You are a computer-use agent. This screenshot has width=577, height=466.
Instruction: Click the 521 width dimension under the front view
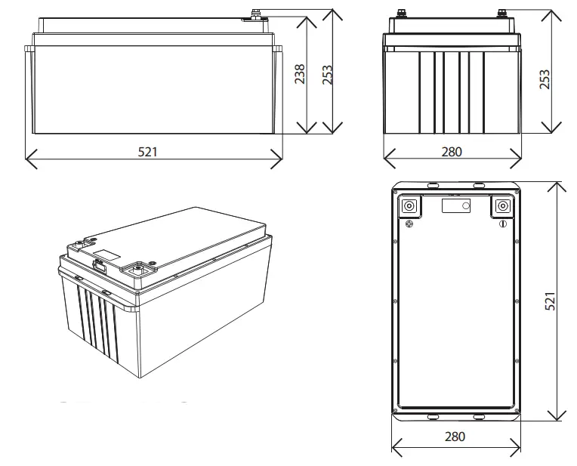coord(147,152)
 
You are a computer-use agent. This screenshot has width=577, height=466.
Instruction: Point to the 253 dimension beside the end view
coord(545,79)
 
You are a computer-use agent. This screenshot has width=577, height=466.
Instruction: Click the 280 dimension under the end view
coord(451,152)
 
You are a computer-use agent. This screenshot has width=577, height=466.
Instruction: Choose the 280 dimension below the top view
coord(455,436)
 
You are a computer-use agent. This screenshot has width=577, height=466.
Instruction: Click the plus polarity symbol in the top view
coord(409,224)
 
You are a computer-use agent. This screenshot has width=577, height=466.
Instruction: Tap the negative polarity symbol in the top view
coord(501,224)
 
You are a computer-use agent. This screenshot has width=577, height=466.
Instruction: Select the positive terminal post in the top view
coord(410,206)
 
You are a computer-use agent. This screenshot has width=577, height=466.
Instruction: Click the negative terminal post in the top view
coord(501,206)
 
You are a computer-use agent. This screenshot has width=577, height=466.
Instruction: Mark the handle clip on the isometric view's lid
coord(98,264)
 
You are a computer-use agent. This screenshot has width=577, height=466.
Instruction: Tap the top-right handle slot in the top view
coord(477,184)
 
